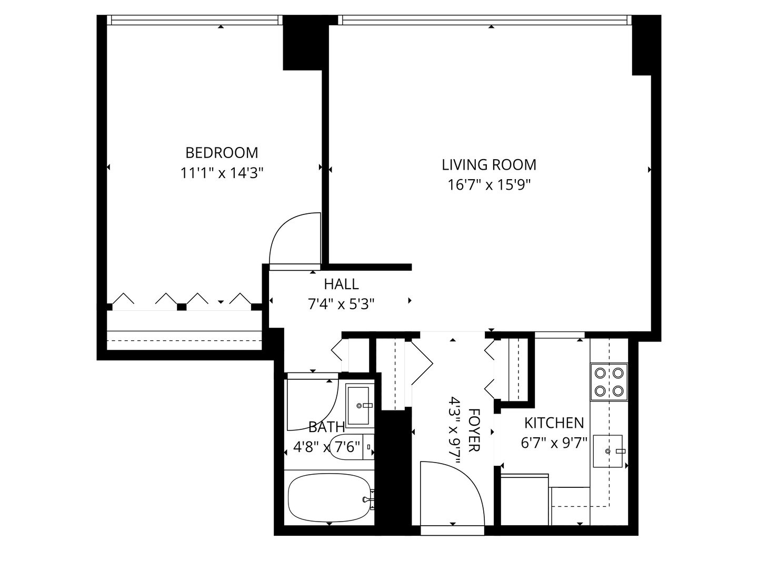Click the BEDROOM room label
point(222,153)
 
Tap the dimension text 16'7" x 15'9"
point(488,185)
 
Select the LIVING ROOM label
point(488,165)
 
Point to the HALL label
point(341,284)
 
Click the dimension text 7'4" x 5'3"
point(341,305)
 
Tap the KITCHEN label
point(554,423)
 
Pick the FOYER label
point(473,429)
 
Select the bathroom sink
point(360,405)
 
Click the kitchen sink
point(608,451)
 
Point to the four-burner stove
point(609,382)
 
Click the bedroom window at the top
point(194,20)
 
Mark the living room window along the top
point(485,20)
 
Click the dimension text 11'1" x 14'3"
point(222,173)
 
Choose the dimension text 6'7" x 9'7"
point(554,443)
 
